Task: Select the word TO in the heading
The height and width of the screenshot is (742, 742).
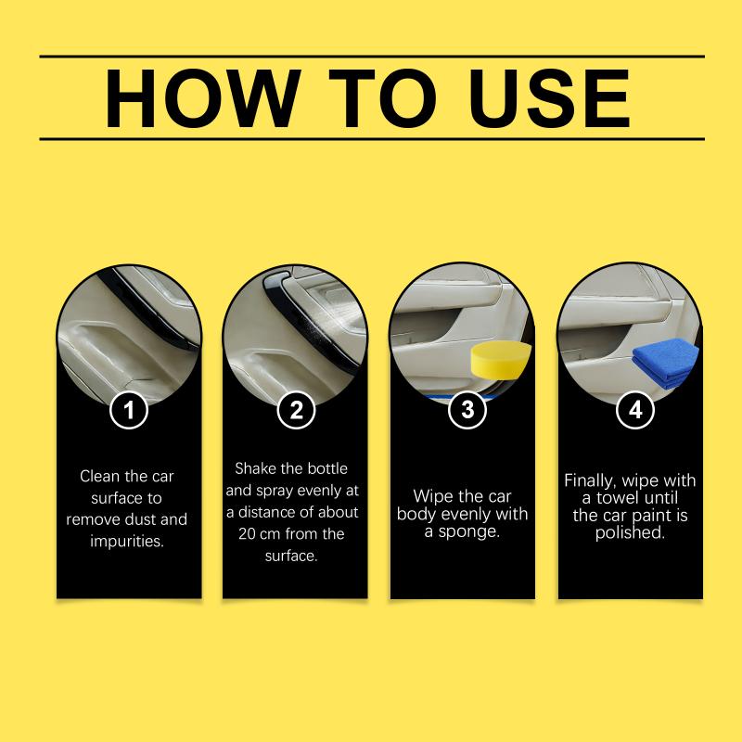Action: click(x=382, y=98)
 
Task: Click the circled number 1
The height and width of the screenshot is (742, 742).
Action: click(x=129, y=410)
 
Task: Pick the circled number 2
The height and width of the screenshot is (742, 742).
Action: click(x=296, y=410)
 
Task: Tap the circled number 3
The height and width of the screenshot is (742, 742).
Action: click(x=467, y=409)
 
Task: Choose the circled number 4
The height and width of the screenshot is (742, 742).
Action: click(x=635, y=410)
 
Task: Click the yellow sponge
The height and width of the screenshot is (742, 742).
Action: click(x=501, y=361)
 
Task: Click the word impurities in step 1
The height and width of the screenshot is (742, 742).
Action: click(x=127, y=541)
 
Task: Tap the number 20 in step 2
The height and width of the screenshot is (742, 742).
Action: click(x=247, y=534)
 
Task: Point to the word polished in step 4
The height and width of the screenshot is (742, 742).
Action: click(x=630, y=532)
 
